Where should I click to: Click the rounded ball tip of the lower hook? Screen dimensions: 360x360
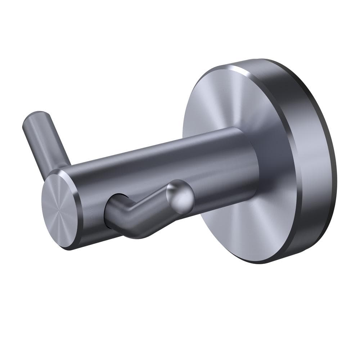pos(180,196)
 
